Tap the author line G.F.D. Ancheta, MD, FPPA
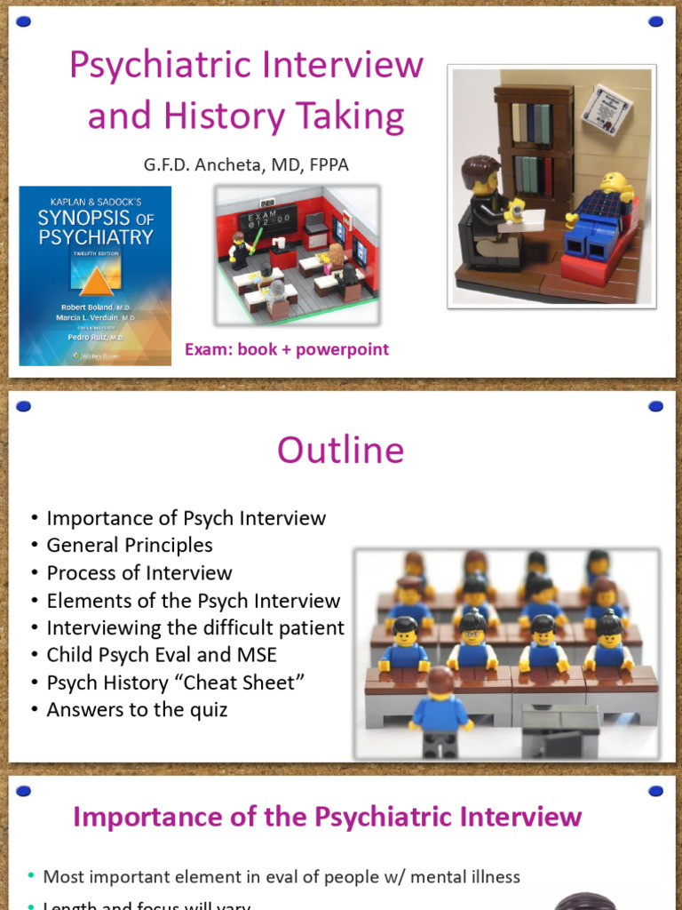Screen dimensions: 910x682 tap(251, 164)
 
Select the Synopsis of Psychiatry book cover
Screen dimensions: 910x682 tap(95, 275)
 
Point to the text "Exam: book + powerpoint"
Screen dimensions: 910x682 tap(287, 349)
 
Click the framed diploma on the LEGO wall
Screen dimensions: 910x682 tap(607, 108)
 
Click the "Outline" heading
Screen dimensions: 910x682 tap(340, 451)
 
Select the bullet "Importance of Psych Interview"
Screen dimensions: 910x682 tap(186, 518)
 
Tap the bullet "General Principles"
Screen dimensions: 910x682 tap(130, 546)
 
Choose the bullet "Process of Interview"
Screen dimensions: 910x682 tap(139, 573)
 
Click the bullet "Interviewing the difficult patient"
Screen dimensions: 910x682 tap(195, 628)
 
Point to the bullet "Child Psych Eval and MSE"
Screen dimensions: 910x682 tap(162, 656)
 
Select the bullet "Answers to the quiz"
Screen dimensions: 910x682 tap(137, 710)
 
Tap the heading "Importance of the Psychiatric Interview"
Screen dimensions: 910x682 tap(327, 817)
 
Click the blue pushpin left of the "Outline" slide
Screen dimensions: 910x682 tap(24, 407)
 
